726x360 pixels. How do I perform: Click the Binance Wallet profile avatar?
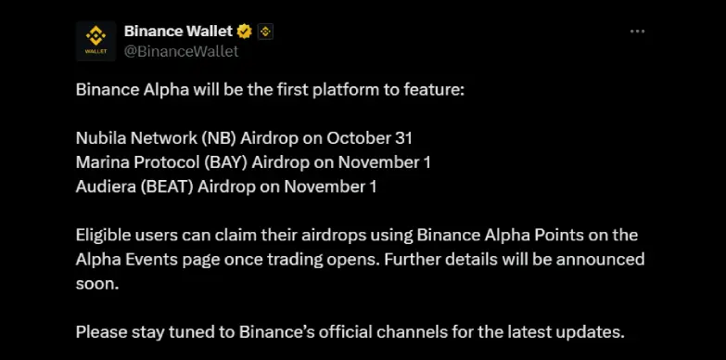pos(96,41)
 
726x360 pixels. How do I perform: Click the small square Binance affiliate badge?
pos(265,32)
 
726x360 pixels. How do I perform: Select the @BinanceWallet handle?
pos(181,51)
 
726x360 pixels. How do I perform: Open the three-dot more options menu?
pos(637,32)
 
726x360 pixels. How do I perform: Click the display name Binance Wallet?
pos(178,32)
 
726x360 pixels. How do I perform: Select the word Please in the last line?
pos(99,331)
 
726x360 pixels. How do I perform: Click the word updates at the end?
pos(592,331)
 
